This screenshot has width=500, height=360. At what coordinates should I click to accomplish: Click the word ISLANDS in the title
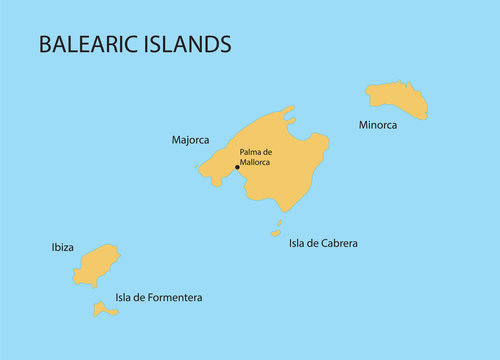point(190,44)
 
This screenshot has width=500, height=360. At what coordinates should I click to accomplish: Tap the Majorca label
point(191,141)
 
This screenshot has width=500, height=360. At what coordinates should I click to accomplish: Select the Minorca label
point(378,125)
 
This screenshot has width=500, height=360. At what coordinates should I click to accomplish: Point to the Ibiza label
point(62,246)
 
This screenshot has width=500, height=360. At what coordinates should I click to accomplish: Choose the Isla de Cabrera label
point(323,243)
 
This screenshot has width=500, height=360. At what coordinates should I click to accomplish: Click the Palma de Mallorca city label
point(256,157)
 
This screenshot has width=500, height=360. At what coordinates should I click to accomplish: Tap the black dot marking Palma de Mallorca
point(237,167)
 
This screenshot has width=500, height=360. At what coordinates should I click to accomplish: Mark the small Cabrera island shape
point(276,234)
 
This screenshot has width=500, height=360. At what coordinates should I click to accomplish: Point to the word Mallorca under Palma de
point(255,162)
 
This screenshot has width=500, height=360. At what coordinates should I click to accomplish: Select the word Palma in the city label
point(250,152)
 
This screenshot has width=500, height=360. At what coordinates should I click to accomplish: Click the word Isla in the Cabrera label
point(297,243)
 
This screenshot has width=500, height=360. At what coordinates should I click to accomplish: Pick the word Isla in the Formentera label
point(124,297)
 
